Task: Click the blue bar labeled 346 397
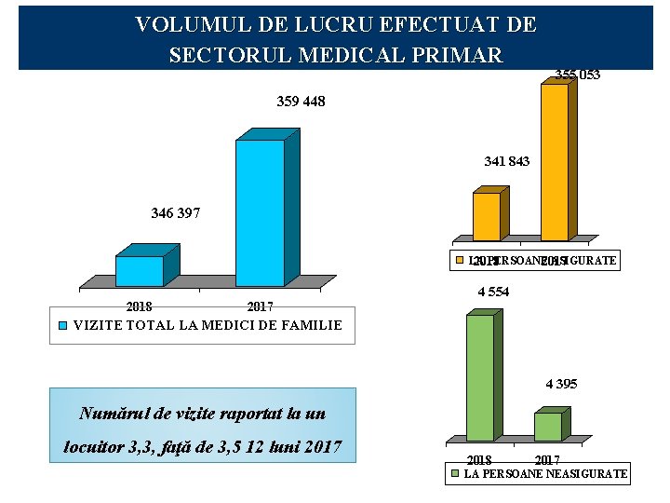coord(140,270)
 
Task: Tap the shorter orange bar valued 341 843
coord(487,216)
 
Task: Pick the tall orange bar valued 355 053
coord(555,162)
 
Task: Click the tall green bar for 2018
coord(480,377)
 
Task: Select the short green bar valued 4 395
coord(548,426)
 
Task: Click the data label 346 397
coord(175,213)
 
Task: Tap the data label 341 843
coord(507,162)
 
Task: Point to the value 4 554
coord(493,292)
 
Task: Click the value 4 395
coord(561,384)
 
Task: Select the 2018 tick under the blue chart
coord(140,306)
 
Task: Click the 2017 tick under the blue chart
coord(260,306)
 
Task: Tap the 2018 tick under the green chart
coord(478,460)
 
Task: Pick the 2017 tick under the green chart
coord(547,460)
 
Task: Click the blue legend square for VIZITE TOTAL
coord(63,326)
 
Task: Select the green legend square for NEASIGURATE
coord(455,474)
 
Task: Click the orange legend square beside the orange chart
coord(459,260)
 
